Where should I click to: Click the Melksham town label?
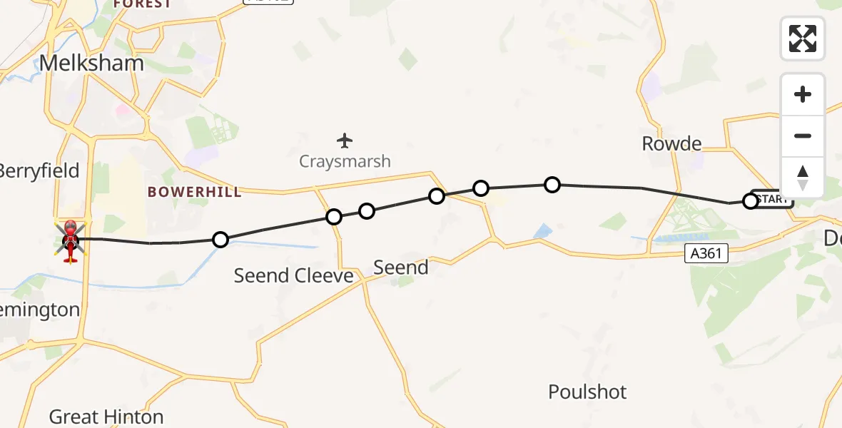pyautogui.click(x=91, y=63)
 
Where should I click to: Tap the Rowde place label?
pyautogui.click(x=671, y=143)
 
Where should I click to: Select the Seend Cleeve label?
pyautogui.click(x=293, y=275)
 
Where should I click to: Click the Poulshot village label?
pyautogui.click(x=587, y=392)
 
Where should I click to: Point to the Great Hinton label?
pyautogui.click(x=106, y=417)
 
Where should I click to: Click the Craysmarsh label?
pyautogui.click(x=345, y=161)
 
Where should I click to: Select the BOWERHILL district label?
pyautogui.click(x=194, y=192)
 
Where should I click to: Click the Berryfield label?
pyautogui.click(x=39, y=171)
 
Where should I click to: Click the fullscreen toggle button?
pyautogui.click(x=803, y=39)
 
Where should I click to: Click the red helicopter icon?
pyautogui.click(x=71, y=239)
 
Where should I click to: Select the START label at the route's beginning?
pyautogui.click(x=772, y=199)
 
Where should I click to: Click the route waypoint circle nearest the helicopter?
pyautogui.click(x=221, y=240)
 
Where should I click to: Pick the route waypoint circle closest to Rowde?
pyautogui.click(x=750, y=201)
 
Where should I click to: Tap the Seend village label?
pyautogui.click(x=401, y=267)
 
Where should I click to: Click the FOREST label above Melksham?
pyautogui.click(x=142, y=4)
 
